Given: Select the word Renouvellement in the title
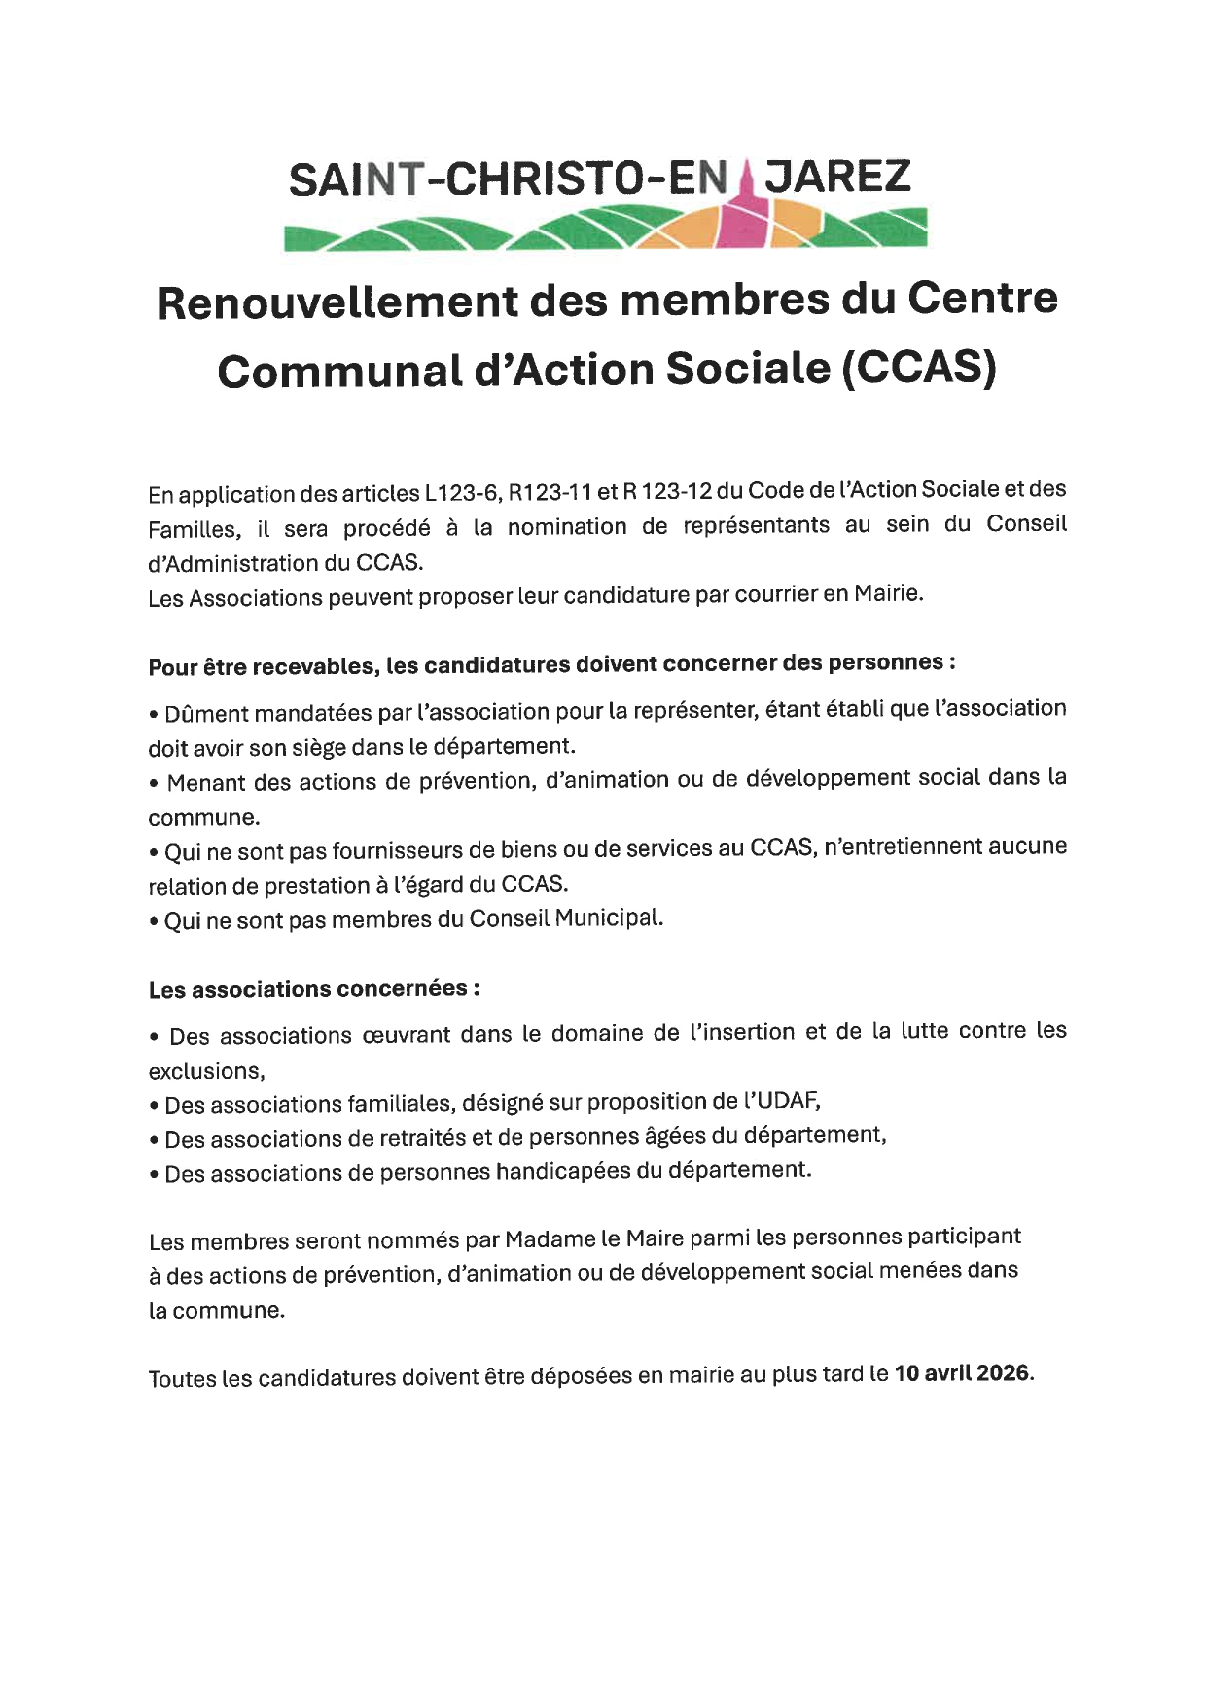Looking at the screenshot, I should coord(335,301).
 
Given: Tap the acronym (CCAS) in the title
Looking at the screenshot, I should coord(919,370).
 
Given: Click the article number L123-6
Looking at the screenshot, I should coord(462,493).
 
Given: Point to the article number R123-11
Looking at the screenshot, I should coord(550,492).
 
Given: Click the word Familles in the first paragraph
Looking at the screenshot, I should coord(192,530).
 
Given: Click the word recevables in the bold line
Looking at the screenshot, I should coord(313,666).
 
